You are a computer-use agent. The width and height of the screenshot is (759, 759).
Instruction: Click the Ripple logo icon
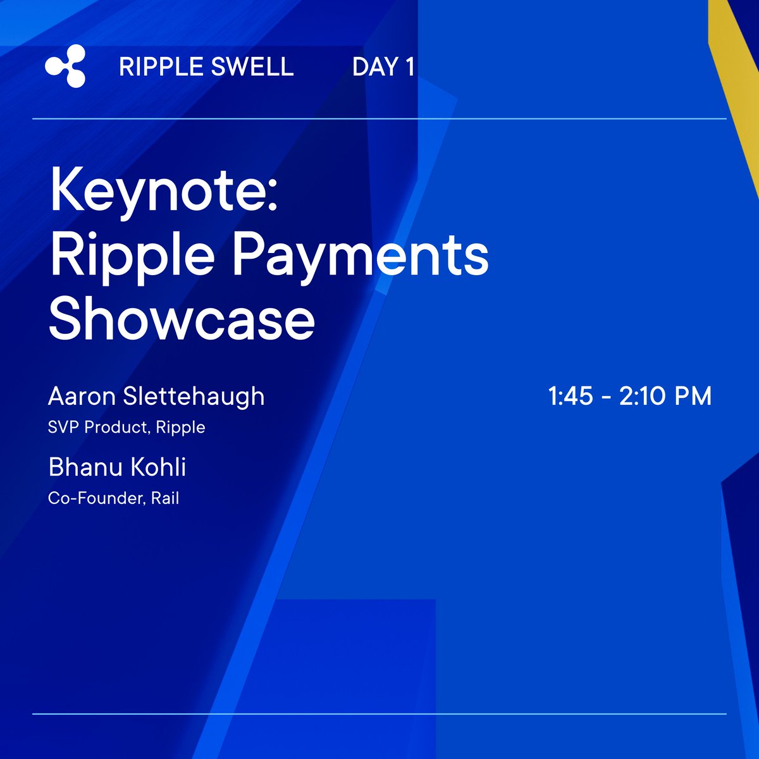point(66,66)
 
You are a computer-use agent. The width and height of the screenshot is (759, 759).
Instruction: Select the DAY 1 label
point(383,67)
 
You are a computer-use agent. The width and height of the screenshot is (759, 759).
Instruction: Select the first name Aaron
point(82,397)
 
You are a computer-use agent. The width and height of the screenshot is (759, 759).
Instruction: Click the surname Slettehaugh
point(194,397)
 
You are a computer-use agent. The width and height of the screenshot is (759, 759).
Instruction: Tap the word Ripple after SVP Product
point(181,428)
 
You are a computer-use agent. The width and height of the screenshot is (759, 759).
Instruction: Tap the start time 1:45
point(571,397)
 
